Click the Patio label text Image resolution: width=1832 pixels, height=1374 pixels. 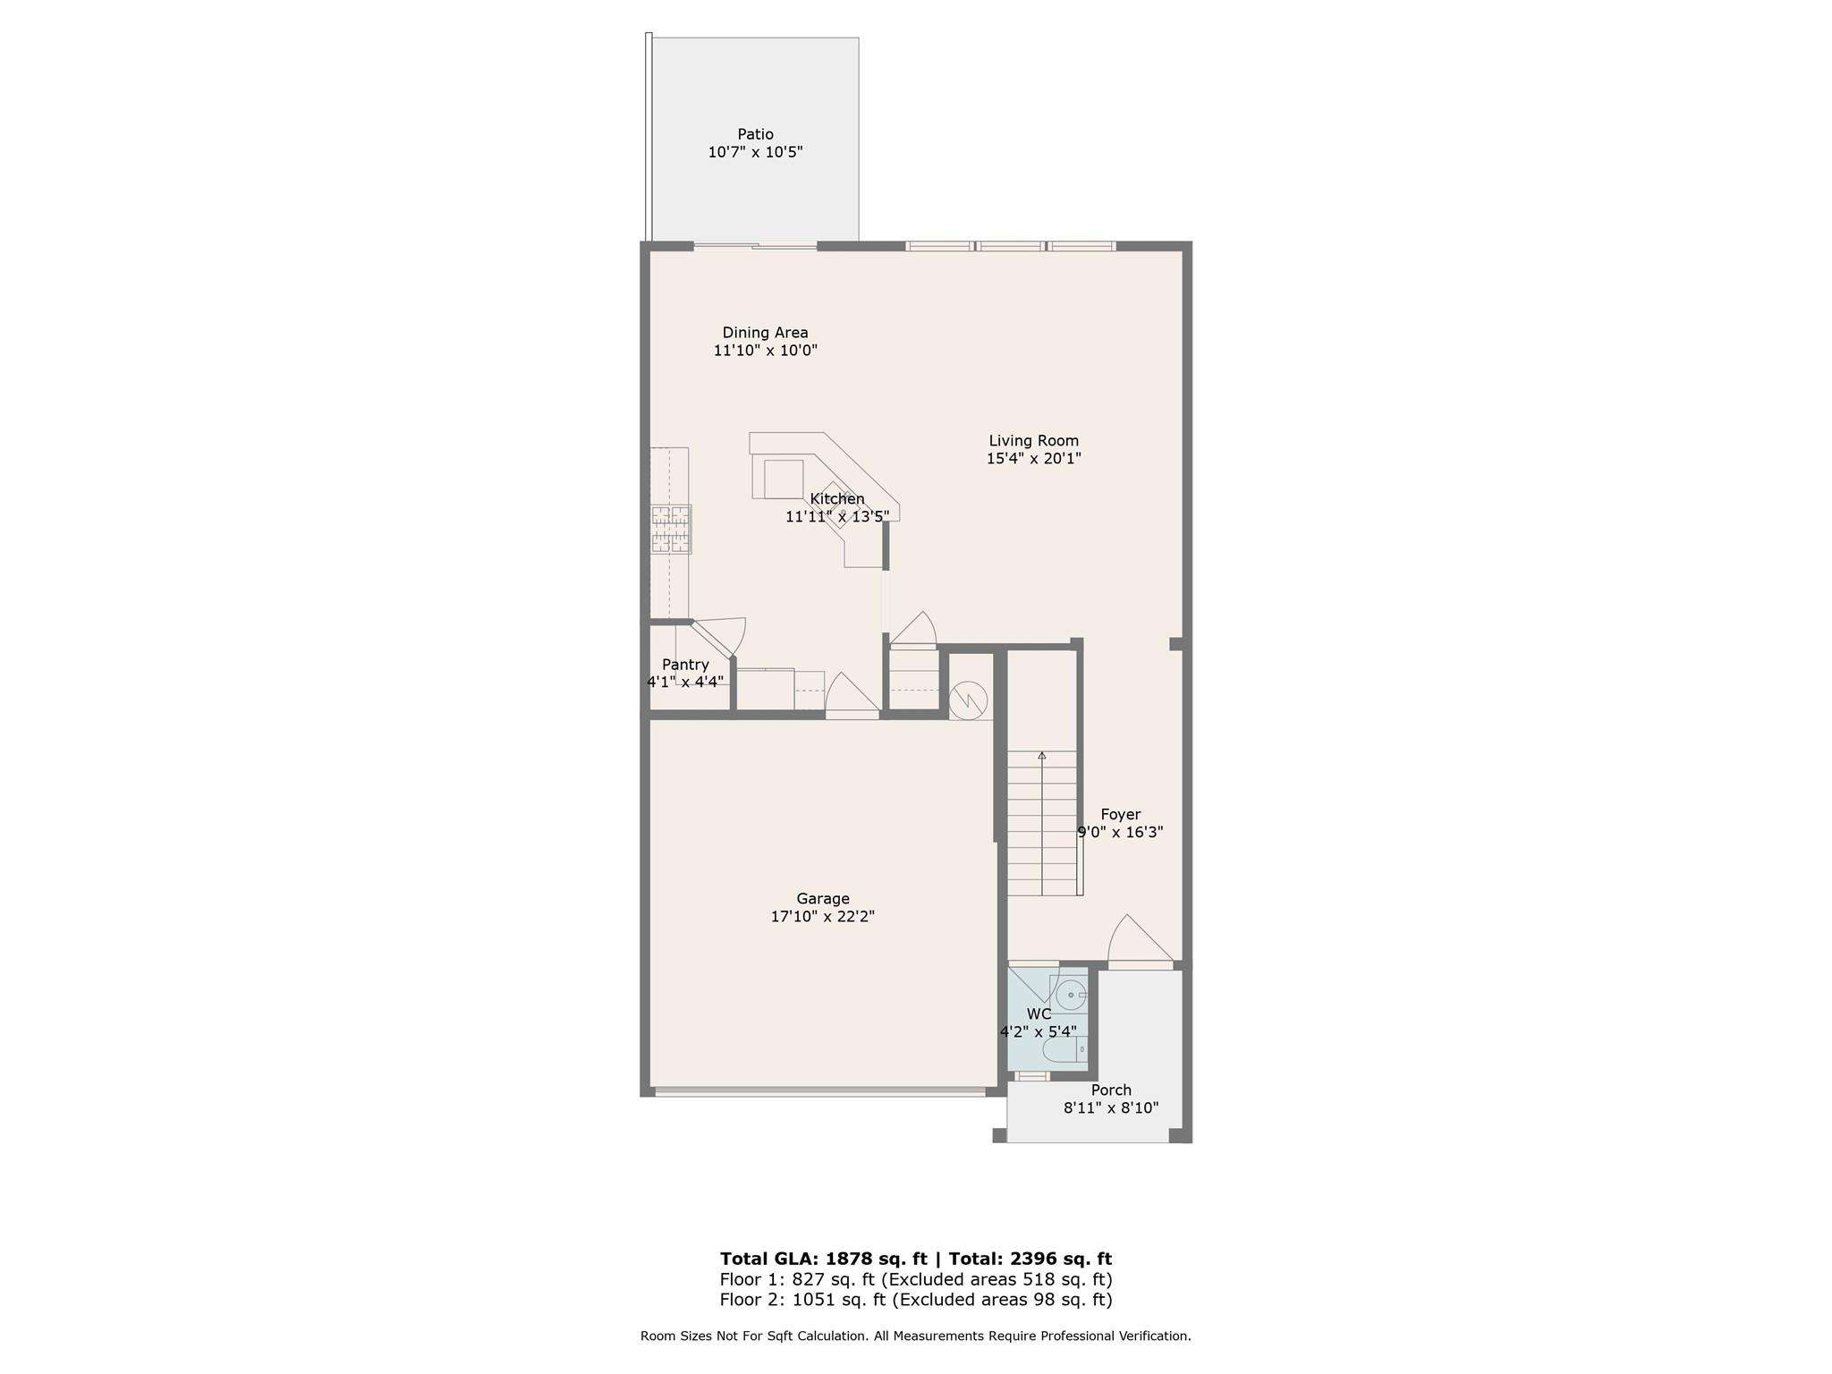(x=755, y=134)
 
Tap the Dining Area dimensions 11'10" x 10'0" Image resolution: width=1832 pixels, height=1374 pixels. (x=765, y=351)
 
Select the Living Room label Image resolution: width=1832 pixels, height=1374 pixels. (x=1033, y=441)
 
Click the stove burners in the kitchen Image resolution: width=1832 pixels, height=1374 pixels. (x=671, y=529)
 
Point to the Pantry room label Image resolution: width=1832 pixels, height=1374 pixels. (x=685, y=665)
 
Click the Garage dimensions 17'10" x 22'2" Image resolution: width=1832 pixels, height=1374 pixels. (x=822, y=917)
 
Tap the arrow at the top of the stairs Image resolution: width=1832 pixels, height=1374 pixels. (x=1042, y=756)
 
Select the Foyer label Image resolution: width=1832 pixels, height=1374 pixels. (x=1121, y=815)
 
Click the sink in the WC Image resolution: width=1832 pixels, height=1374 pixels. (x=1070, y=995)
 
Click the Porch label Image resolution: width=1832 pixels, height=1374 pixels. (x=1111, y=1090)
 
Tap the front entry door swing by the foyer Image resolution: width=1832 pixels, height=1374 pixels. (x=1140, y=940)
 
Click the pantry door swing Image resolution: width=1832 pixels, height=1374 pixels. (x=719, y=636)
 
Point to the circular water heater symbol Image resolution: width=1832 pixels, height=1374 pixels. (x=968, y=700)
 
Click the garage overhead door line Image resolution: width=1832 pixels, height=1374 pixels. (x=820, y=1091)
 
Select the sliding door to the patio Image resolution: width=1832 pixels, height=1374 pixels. (x=756, y=245)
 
